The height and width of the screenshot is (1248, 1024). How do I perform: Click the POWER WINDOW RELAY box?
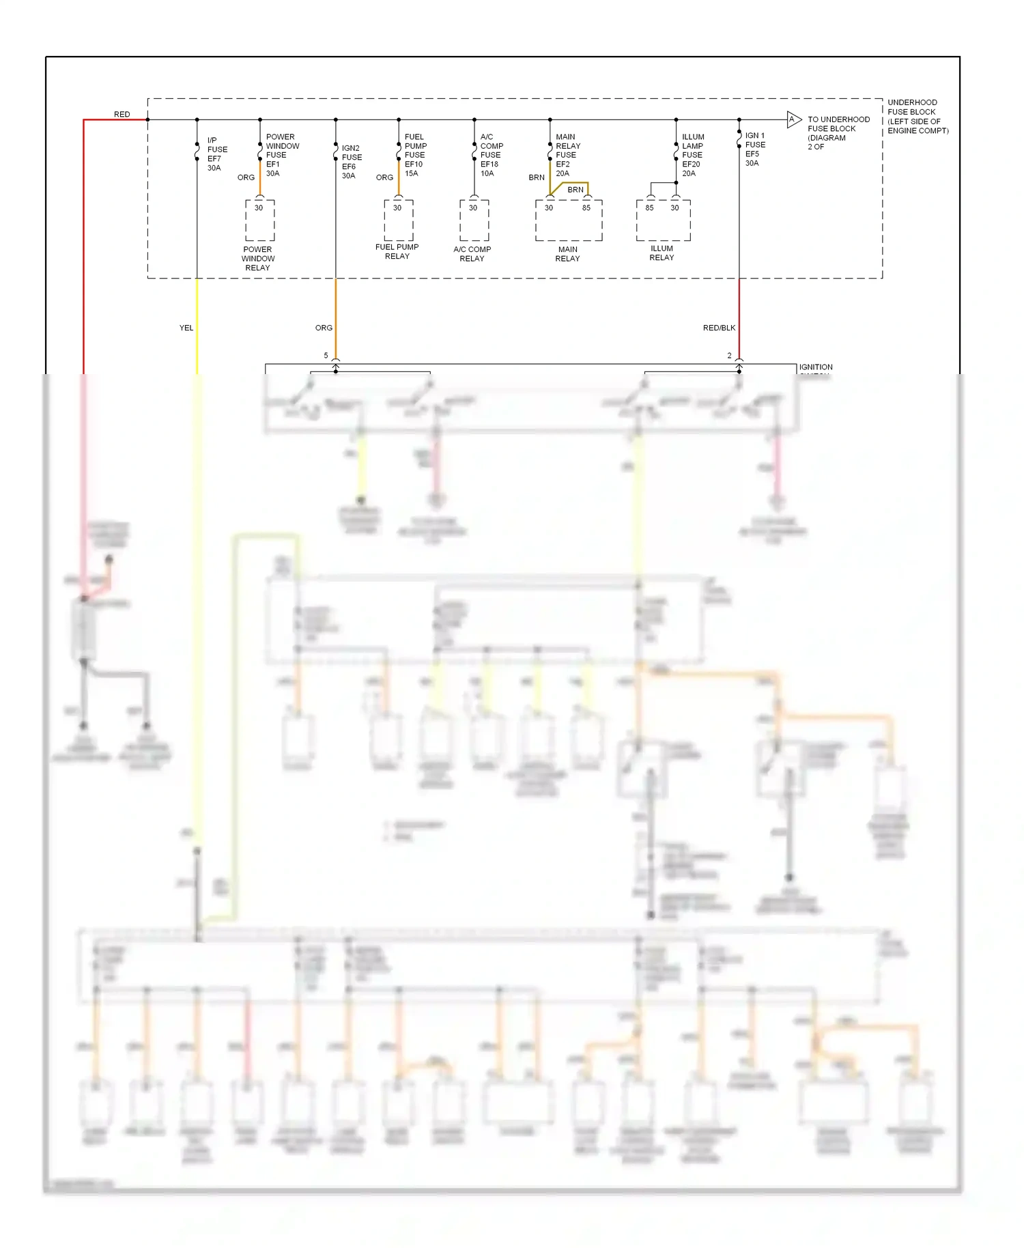(259, 221)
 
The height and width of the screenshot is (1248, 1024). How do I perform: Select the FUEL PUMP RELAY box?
(398, 221)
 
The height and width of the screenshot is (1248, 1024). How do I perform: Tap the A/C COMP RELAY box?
(474, 221)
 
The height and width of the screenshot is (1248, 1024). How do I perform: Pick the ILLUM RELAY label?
(661, 253)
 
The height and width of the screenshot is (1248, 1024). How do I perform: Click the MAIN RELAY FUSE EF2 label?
(567, 155)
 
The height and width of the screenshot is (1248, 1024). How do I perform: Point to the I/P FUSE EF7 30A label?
(216, 154)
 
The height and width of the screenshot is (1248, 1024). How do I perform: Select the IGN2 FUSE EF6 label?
(351, 162)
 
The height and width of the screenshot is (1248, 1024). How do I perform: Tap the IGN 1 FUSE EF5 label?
(754, 149)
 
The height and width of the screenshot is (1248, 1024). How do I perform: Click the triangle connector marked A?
(793, 119)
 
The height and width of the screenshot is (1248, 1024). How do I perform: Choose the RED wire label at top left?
(122, 114)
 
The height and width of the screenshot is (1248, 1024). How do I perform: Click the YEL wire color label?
(186, 328)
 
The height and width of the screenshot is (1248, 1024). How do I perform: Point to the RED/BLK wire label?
(718, 328)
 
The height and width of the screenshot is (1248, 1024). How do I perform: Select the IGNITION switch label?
(815, 367)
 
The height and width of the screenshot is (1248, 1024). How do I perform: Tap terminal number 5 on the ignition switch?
(326, 356)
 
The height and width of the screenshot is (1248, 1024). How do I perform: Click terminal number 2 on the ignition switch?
(729, 356)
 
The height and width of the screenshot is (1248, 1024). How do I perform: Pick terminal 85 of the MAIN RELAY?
(586, 208)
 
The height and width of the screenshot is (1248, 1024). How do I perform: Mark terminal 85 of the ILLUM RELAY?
(649, 208)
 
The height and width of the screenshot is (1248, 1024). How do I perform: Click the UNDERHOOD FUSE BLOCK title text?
(917, 116)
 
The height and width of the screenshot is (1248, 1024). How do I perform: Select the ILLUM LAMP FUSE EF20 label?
(692, 155)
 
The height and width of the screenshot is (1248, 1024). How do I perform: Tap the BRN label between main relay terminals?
(575, 190)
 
